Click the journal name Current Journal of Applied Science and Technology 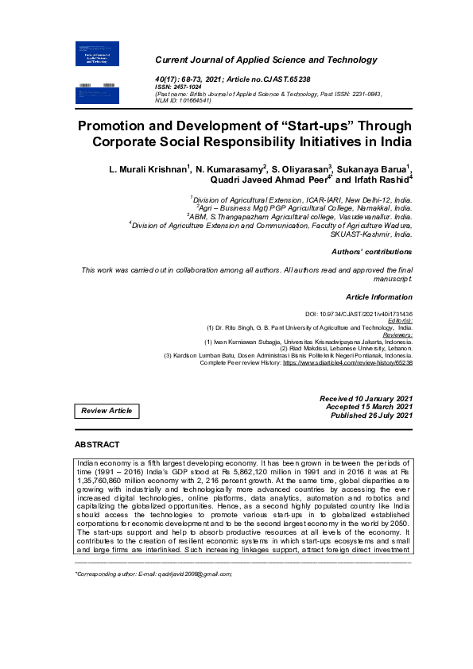266,60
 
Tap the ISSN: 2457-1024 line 180,87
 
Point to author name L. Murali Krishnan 148,169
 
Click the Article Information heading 379,296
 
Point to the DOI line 359,315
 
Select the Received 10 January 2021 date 366,398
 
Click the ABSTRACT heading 97,445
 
